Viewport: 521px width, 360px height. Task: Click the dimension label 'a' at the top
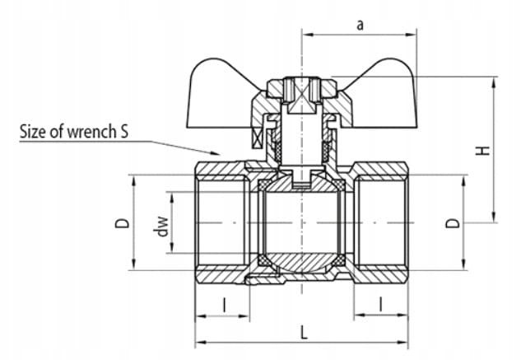(x=360, y=25)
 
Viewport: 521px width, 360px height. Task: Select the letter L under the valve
(x=304, y=332)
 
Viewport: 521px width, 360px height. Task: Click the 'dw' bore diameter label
(x=162, y=227)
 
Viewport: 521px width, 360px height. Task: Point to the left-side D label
(x=122, y=223)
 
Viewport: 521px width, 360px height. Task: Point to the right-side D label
(x=453, y=223)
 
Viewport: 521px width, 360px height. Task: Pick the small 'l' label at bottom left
(x=225, y=305)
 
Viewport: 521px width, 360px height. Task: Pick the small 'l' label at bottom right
(x=381, y=304)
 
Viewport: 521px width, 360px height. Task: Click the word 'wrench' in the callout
(x=90, y=132)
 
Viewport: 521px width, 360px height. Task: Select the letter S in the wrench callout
(x=123, y=132)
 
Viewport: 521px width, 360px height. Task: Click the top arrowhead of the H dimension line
(x=494, y=83)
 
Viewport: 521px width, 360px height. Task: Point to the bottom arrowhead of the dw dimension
(x=172, y=247)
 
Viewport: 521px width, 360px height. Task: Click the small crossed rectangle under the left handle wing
(x=258, y=138)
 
